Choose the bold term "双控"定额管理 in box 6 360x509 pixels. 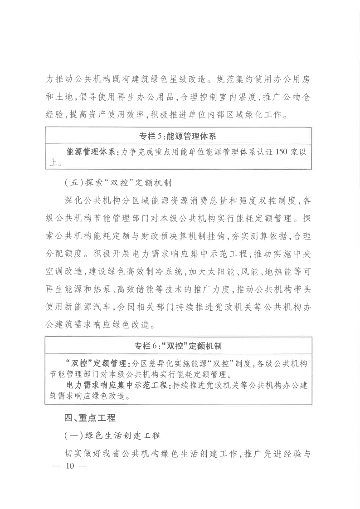click(97, 363)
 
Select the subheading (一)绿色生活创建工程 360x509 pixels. click(112, 436)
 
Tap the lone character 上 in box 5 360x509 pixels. click(53, 163)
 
